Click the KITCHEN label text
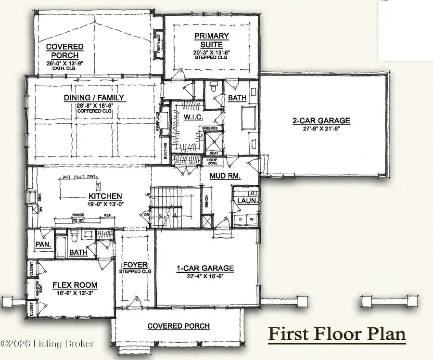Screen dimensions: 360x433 point(104,196)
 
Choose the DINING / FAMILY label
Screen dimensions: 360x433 point(94,98)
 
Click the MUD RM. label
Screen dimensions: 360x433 point(225,176)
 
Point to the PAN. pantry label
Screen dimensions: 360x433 point(41,244)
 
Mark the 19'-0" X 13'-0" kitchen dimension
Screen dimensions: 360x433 point(104,204)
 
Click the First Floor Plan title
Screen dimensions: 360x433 point(336,333)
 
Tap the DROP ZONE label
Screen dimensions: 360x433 point(212,161)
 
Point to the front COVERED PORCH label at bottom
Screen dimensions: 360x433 point(178,326)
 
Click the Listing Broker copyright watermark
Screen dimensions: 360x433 point(48,344)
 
